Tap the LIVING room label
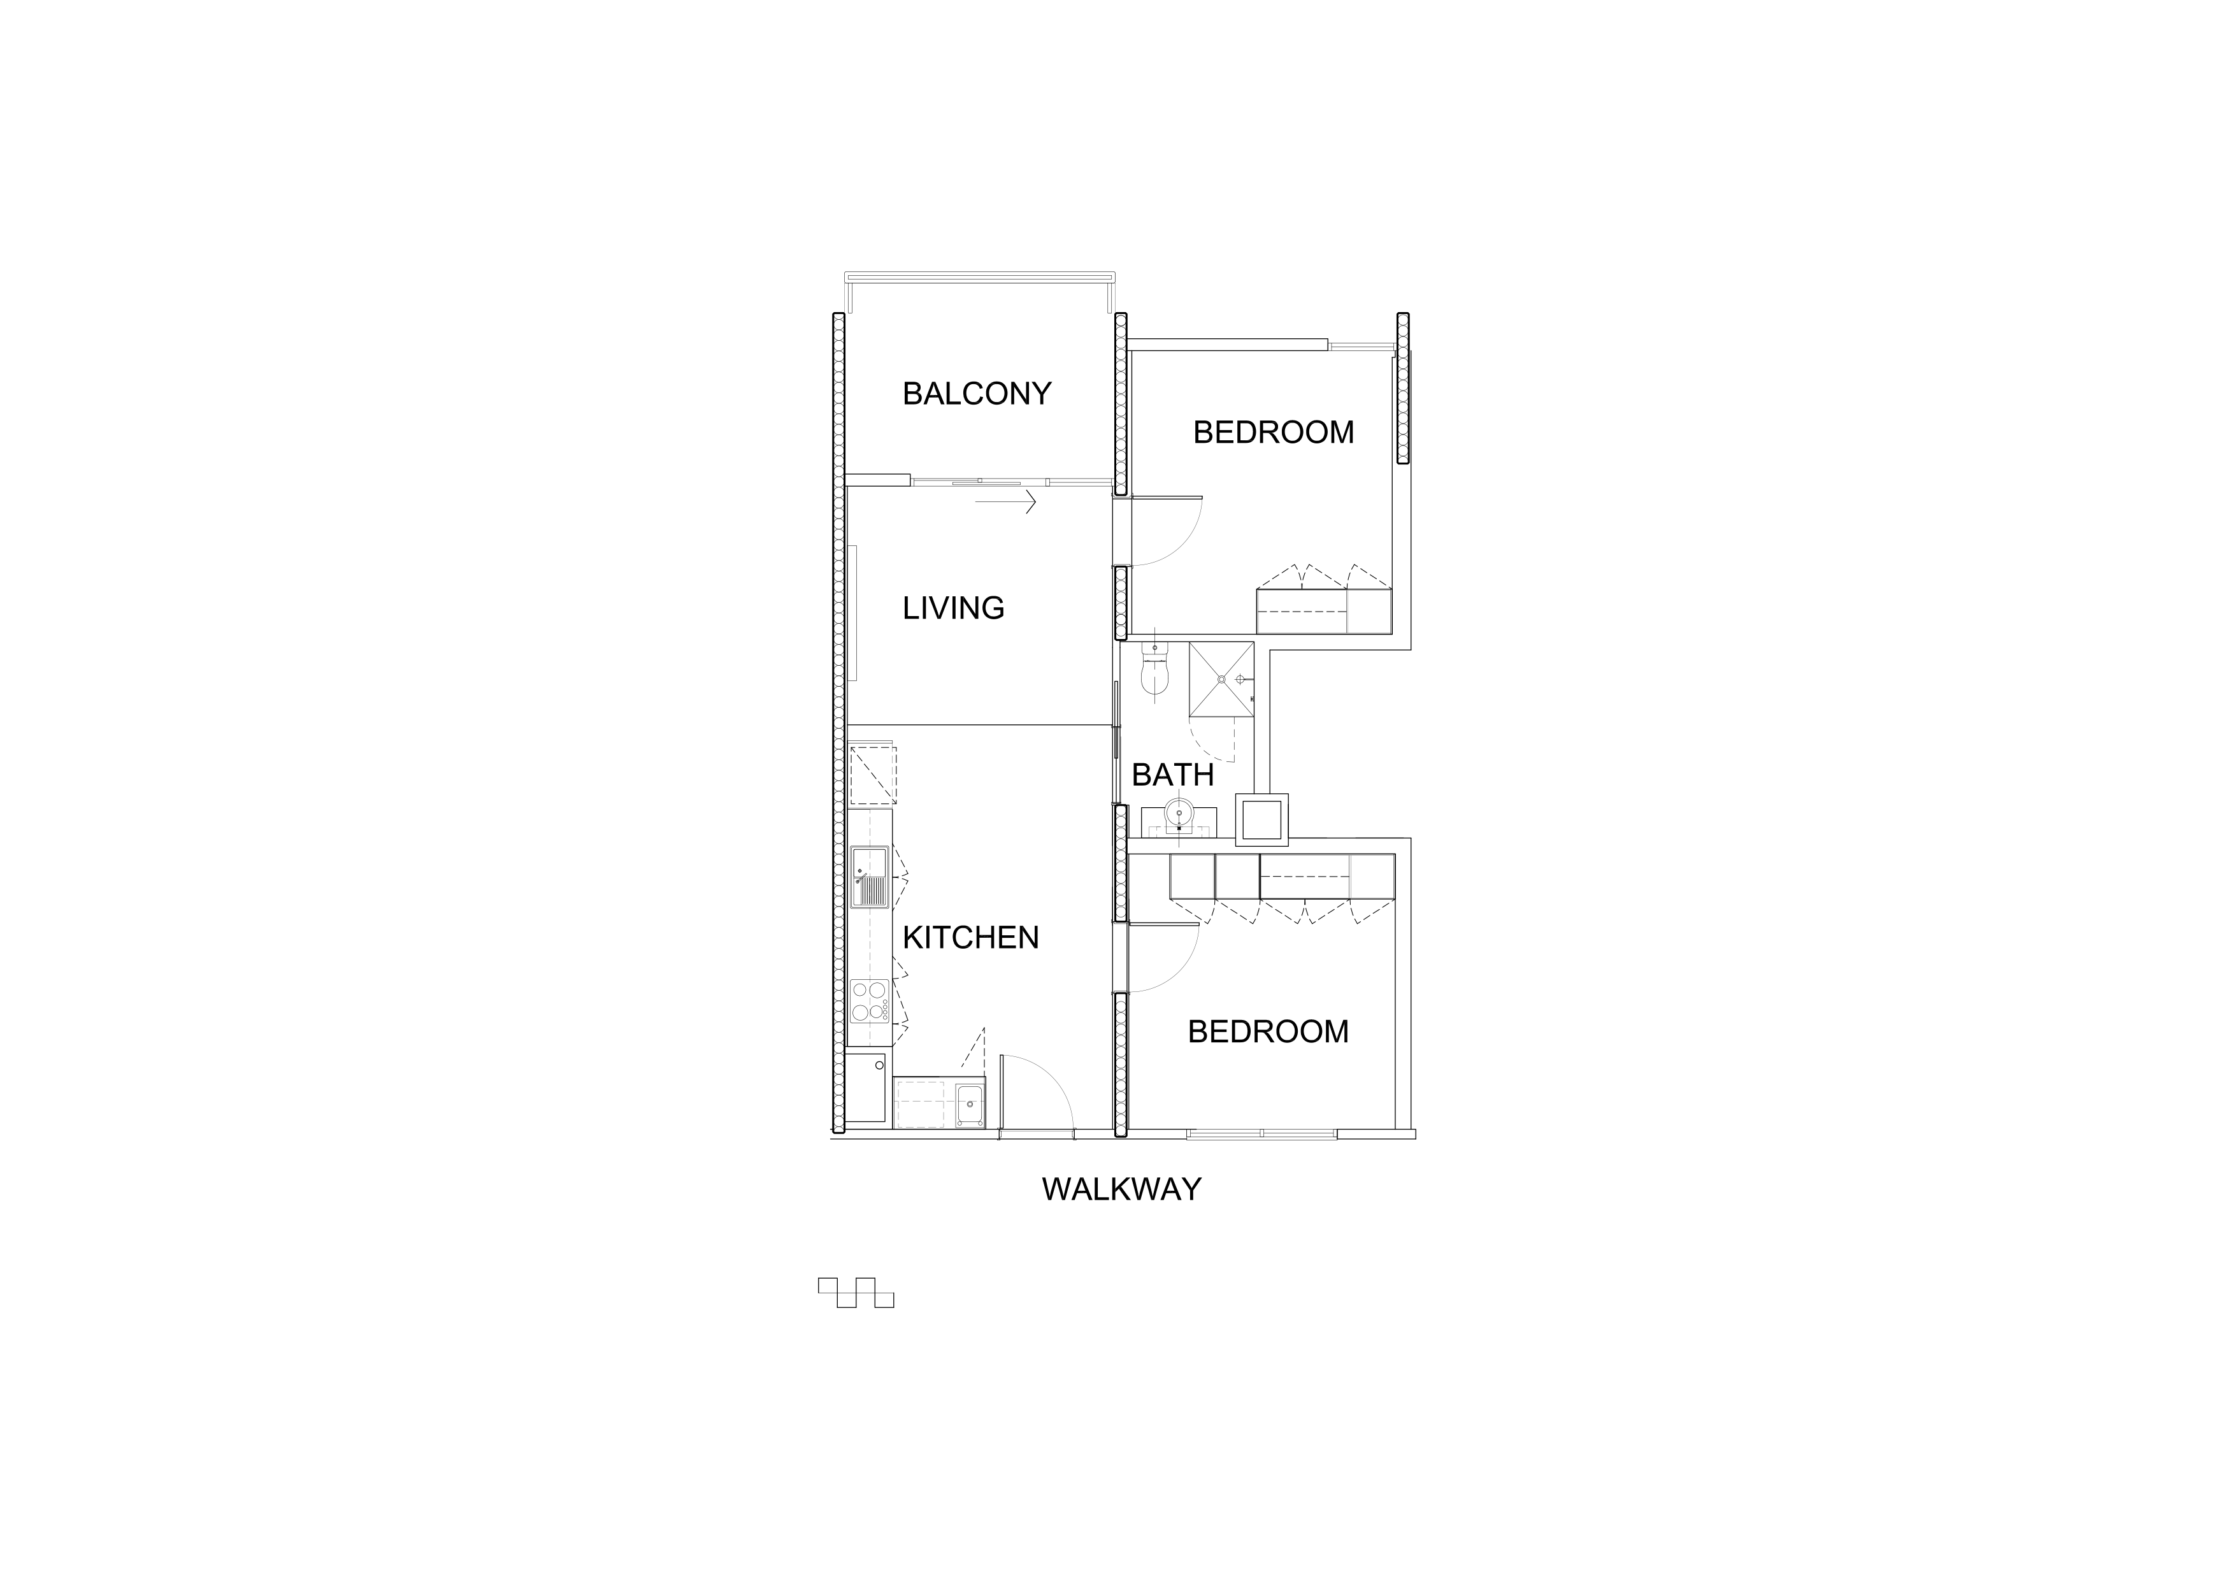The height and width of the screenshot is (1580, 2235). pos(953,607)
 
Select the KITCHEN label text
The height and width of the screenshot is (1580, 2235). pos(970,937)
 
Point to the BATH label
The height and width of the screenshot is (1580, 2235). pos(1172,775)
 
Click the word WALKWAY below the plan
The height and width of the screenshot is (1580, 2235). pos(1121,1189)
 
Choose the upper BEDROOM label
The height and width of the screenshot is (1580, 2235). pos(1273,432)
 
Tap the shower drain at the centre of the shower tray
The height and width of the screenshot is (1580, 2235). pos(1221,680)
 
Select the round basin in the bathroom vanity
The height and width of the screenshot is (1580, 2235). pos(1179,811)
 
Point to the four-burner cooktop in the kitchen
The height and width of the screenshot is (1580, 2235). pos(189,1002)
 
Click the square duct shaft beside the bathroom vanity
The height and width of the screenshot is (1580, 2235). pos(1261,819)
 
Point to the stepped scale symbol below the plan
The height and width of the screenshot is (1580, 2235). pos(856,1292)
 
